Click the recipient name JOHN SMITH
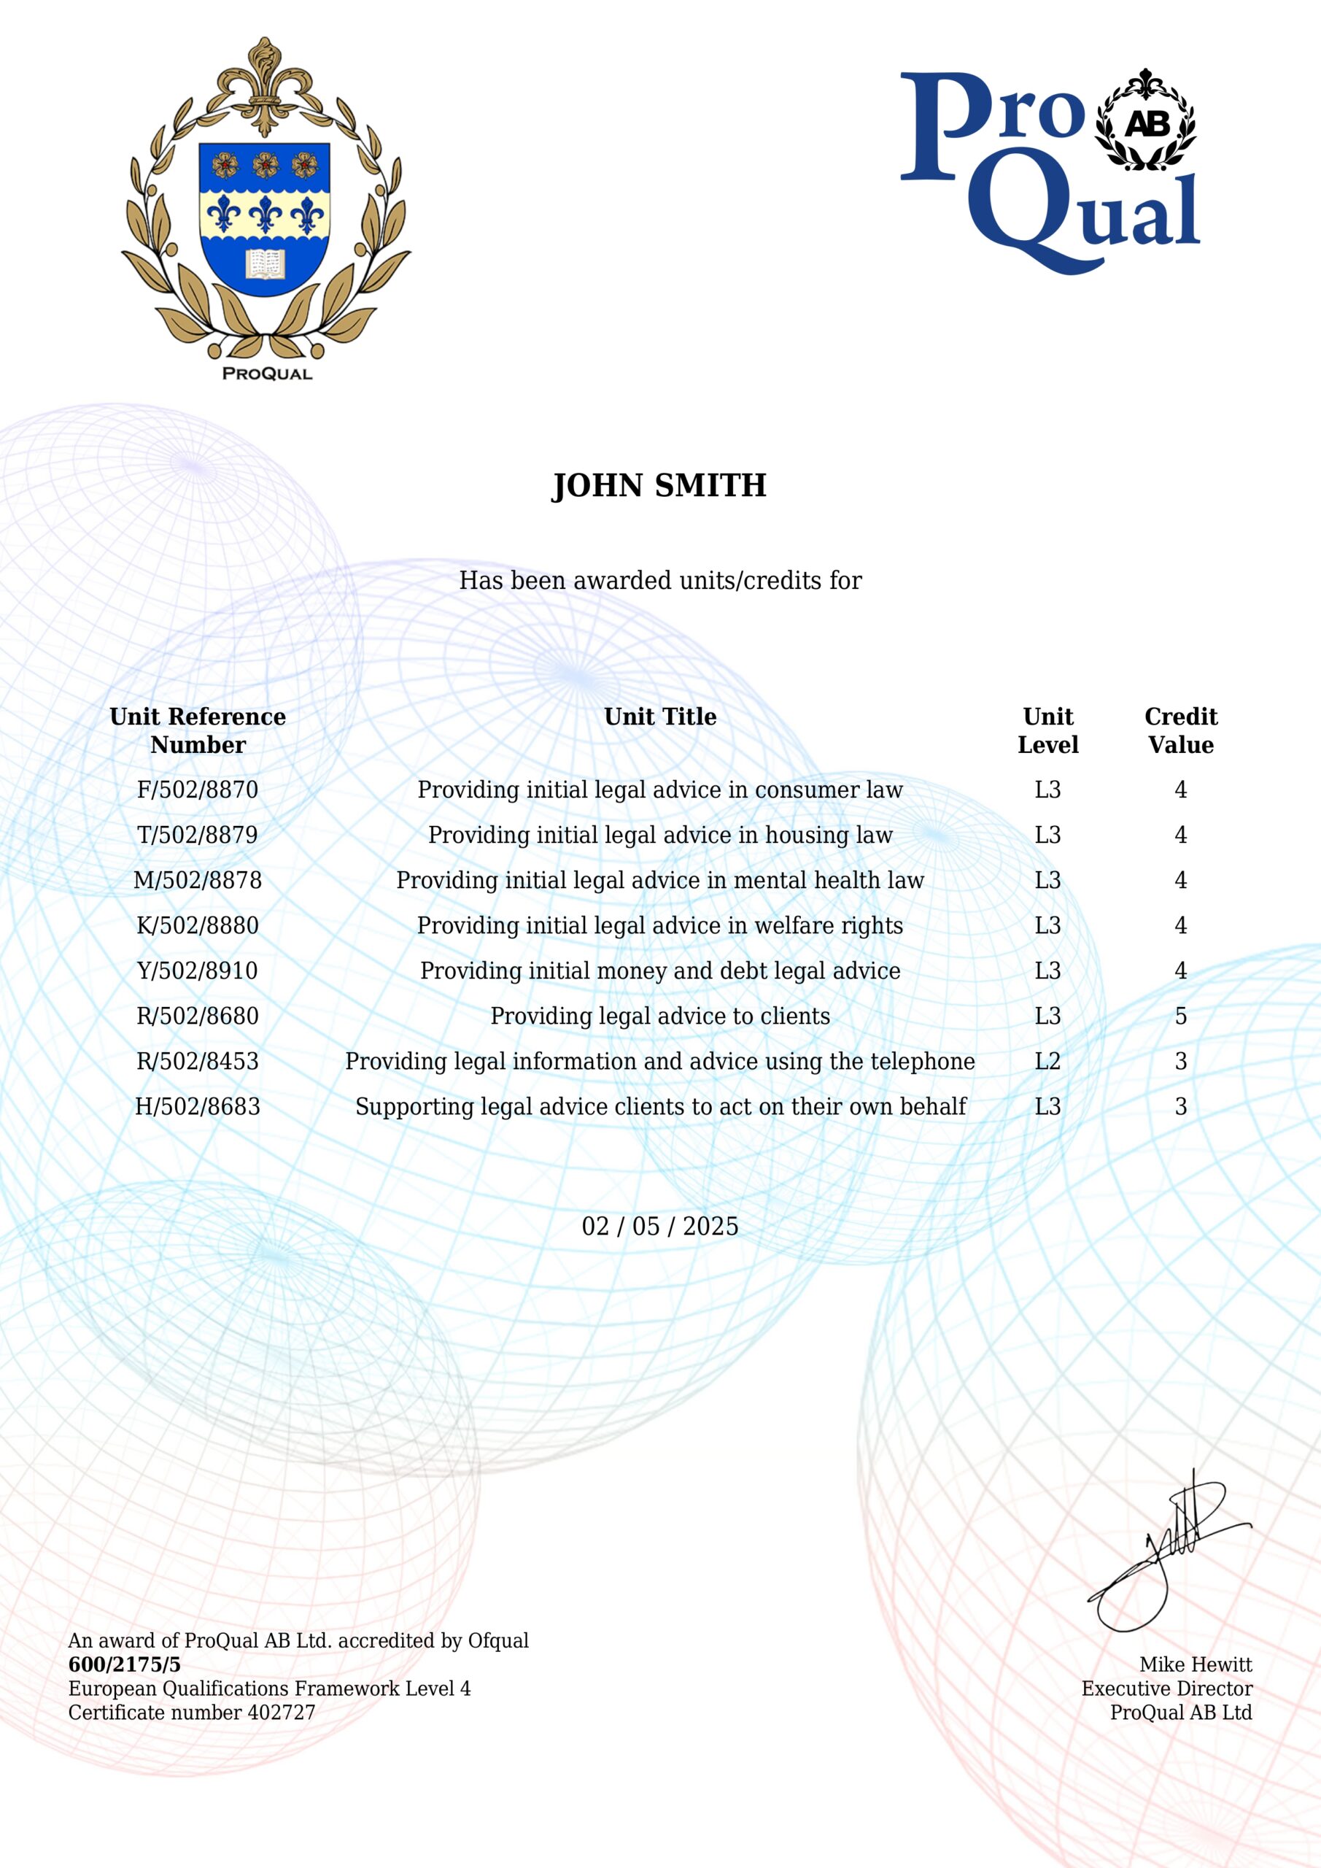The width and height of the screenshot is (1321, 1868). coord(659,486)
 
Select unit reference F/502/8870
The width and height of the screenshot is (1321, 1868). coord(198,790)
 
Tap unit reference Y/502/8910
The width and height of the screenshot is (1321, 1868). coord(198,970)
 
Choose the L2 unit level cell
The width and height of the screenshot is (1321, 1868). coord(1047,1061)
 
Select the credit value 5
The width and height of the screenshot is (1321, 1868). coord(1180,1016)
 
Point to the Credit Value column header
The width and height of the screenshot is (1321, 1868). coord(1180,730)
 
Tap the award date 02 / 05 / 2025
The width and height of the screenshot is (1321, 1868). coord(659,1226)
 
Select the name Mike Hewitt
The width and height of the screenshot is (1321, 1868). coord(1195,1664)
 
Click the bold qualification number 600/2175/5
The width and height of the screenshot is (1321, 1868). coord(125,1664)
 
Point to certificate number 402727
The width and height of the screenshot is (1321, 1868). coord(281,1713)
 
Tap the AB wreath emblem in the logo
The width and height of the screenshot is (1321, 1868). coord(1146,122)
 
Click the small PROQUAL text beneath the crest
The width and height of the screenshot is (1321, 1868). coord(267,374)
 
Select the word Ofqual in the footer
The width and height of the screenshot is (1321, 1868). coord(497,1641)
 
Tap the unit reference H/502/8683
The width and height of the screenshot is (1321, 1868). coord(198,1106)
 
